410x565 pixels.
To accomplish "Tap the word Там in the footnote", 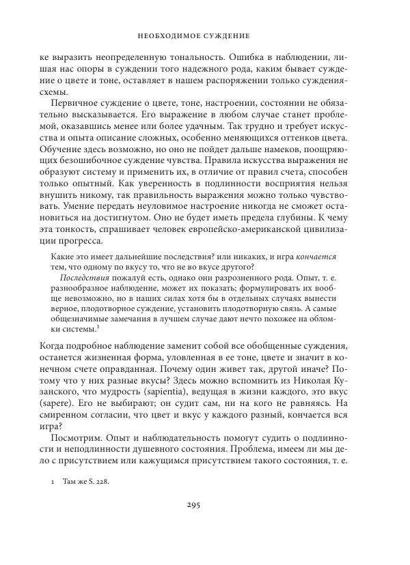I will (64, 481).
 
